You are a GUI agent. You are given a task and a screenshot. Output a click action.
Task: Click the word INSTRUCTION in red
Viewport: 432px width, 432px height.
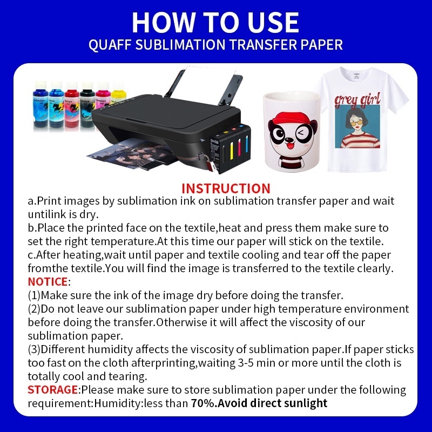click(226, 188)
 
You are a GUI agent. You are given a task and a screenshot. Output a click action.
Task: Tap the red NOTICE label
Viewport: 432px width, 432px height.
click(48, 281)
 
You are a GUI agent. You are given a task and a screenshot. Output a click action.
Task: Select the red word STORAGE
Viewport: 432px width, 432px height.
click(53, 389)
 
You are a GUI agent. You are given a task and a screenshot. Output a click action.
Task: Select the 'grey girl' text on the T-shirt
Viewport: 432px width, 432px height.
click(357, 99)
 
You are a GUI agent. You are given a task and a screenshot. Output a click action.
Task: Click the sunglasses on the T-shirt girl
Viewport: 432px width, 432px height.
click(358, 120)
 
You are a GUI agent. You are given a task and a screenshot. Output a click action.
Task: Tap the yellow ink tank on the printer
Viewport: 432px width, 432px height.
click(234, 146)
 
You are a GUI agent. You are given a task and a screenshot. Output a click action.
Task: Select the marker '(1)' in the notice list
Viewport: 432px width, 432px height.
click(34, 295)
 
